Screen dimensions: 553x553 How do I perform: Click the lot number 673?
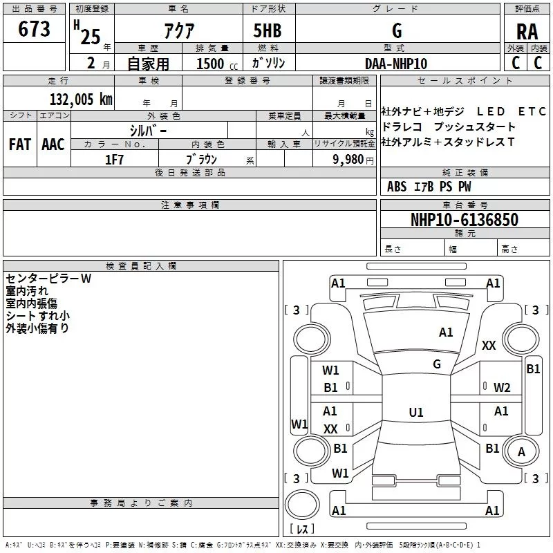[x=34, y=30]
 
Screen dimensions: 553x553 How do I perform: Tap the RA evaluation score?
[x=527, y=32]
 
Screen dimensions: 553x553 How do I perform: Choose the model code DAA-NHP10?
[x=396, y=64]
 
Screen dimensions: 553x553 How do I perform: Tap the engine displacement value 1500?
[x=211, y=64]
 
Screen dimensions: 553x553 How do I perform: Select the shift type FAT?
[x=20, y=144]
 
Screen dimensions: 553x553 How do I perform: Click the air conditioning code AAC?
[x=53, y=144]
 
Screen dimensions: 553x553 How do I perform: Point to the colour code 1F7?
[x=114, y=159]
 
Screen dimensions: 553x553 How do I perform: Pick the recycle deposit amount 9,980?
[x=348, y=160]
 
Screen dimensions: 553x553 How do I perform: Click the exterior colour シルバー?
[x=148, y=130]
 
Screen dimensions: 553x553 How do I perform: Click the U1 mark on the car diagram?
[x=415, y=413]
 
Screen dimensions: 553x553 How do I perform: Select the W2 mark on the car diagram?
[x=502, y=387]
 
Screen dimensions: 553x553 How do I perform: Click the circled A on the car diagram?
[x=521, y=451]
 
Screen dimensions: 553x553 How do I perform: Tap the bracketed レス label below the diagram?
[x=302, y=530]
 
